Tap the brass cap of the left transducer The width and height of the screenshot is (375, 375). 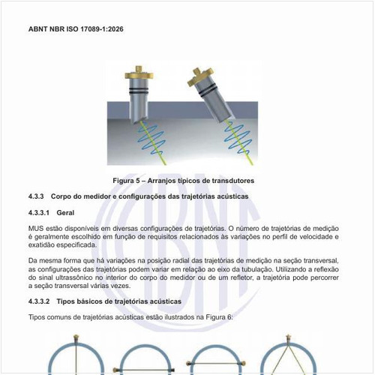click(139, 75)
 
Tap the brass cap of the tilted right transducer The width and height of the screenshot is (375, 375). click(199, 75)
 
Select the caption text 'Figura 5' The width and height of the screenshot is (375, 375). click(128, 181)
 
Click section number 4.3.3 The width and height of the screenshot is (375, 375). click(37, 196)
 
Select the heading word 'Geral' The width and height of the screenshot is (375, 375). click(77, 212)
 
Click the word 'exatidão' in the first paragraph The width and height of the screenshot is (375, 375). click(45, 244)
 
